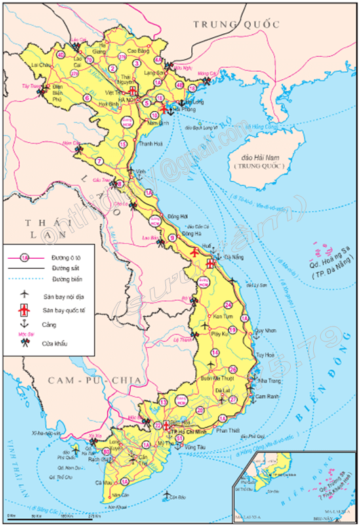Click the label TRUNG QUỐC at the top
point(236,24)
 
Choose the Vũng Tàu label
point(194,448)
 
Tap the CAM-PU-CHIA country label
point(94,381)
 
